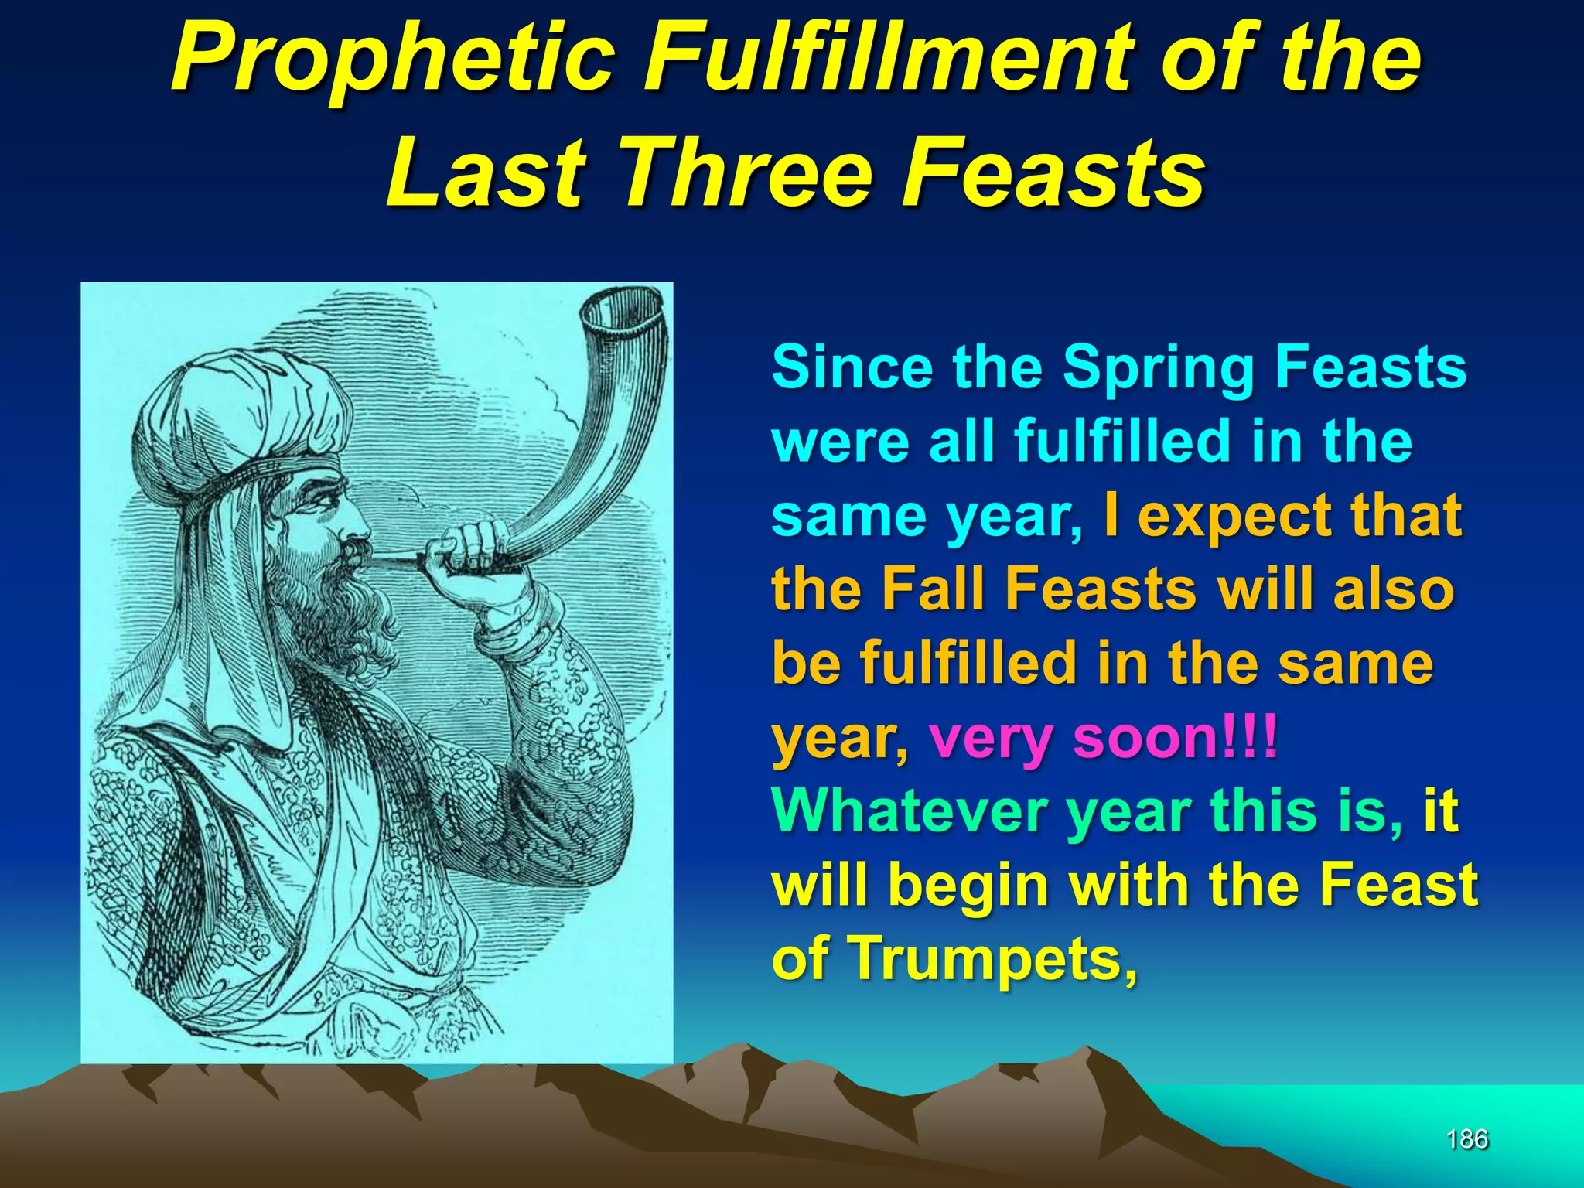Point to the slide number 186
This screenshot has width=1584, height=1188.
click(1467, 1138)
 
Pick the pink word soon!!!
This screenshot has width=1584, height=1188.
click(1175, 739)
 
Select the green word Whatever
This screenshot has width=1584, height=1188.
click(910, 812)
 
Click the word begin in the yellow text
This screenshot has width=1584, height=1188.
click(967, 886)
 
